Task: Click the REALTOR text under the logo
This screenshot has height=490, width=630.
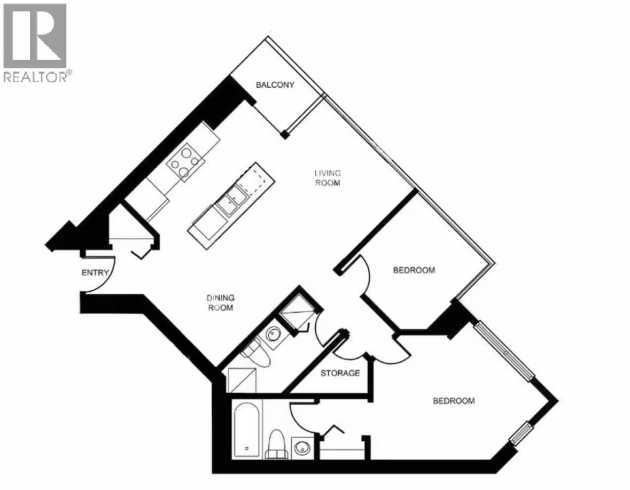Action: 36,77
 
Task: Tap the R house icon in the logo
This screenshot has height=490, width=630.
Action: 35,35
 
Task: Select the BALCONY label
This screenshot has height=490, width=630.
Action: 275,85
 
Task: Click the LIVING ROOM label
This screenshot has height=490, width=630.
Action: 327,177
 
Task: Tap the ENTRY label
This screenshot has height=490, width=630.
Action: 95,273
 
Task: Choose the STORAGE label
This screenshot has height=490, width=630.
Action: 340,373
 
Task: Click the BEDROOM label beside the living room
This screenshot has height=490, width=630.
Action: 414,270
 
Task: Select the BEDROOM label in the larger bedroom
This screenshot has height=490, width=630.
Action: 453,401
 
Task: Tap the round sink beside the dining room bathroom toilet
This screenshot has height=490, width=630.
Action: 274,336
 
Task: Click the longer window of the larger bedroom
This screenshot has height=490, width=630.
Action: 504,351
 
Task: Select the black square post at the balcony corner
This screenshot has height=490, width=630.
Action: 286,135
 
